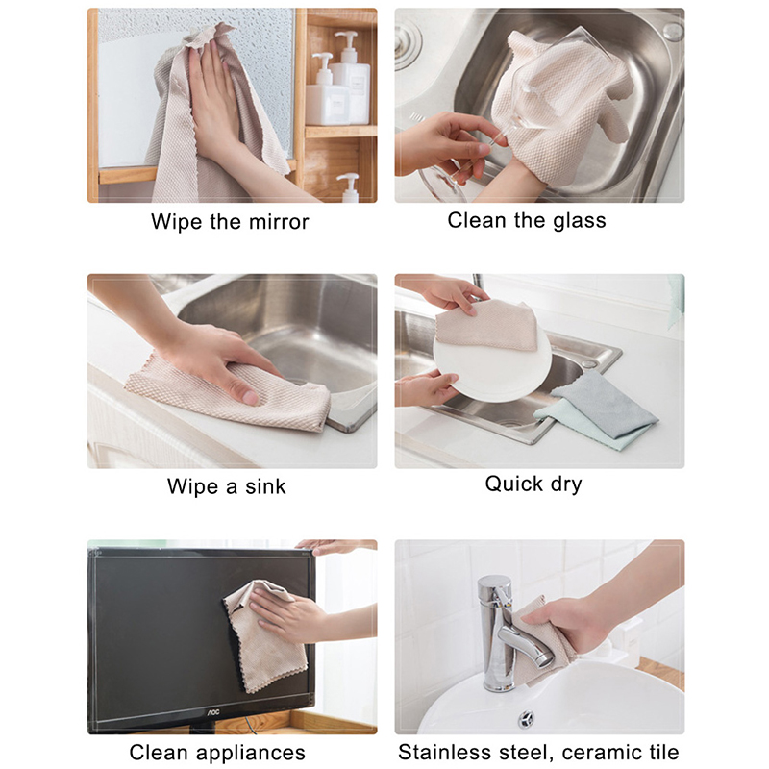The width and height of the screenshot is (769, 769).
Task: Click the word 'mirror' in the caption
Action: pyautogui.click(x=279, y=222)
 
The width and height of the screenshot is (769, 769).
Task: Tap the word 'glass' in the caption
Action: pyautogui.click(x=580, y=221)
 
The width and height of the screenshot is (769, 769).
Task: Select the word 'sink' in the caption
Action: pyautogui.click(x=265, y=486)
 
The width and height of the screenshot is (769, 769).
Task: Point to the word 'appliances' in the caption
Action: pyautogui.click(x=252, y=753)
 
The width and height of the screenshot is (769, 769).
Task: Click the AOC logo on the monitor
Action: pyautogui.click(x=211, y=712)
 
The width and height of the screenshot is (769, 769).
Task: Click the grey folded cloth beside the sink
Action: pyautogui.click(x=605, y=405)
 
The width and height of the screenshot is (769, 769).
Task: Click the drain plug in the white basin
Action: pyautogui.click(x=525, y=719)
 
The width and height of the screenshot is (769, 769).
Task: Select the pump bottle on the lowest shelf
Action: pyautogui.click(x=349, y=187)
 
